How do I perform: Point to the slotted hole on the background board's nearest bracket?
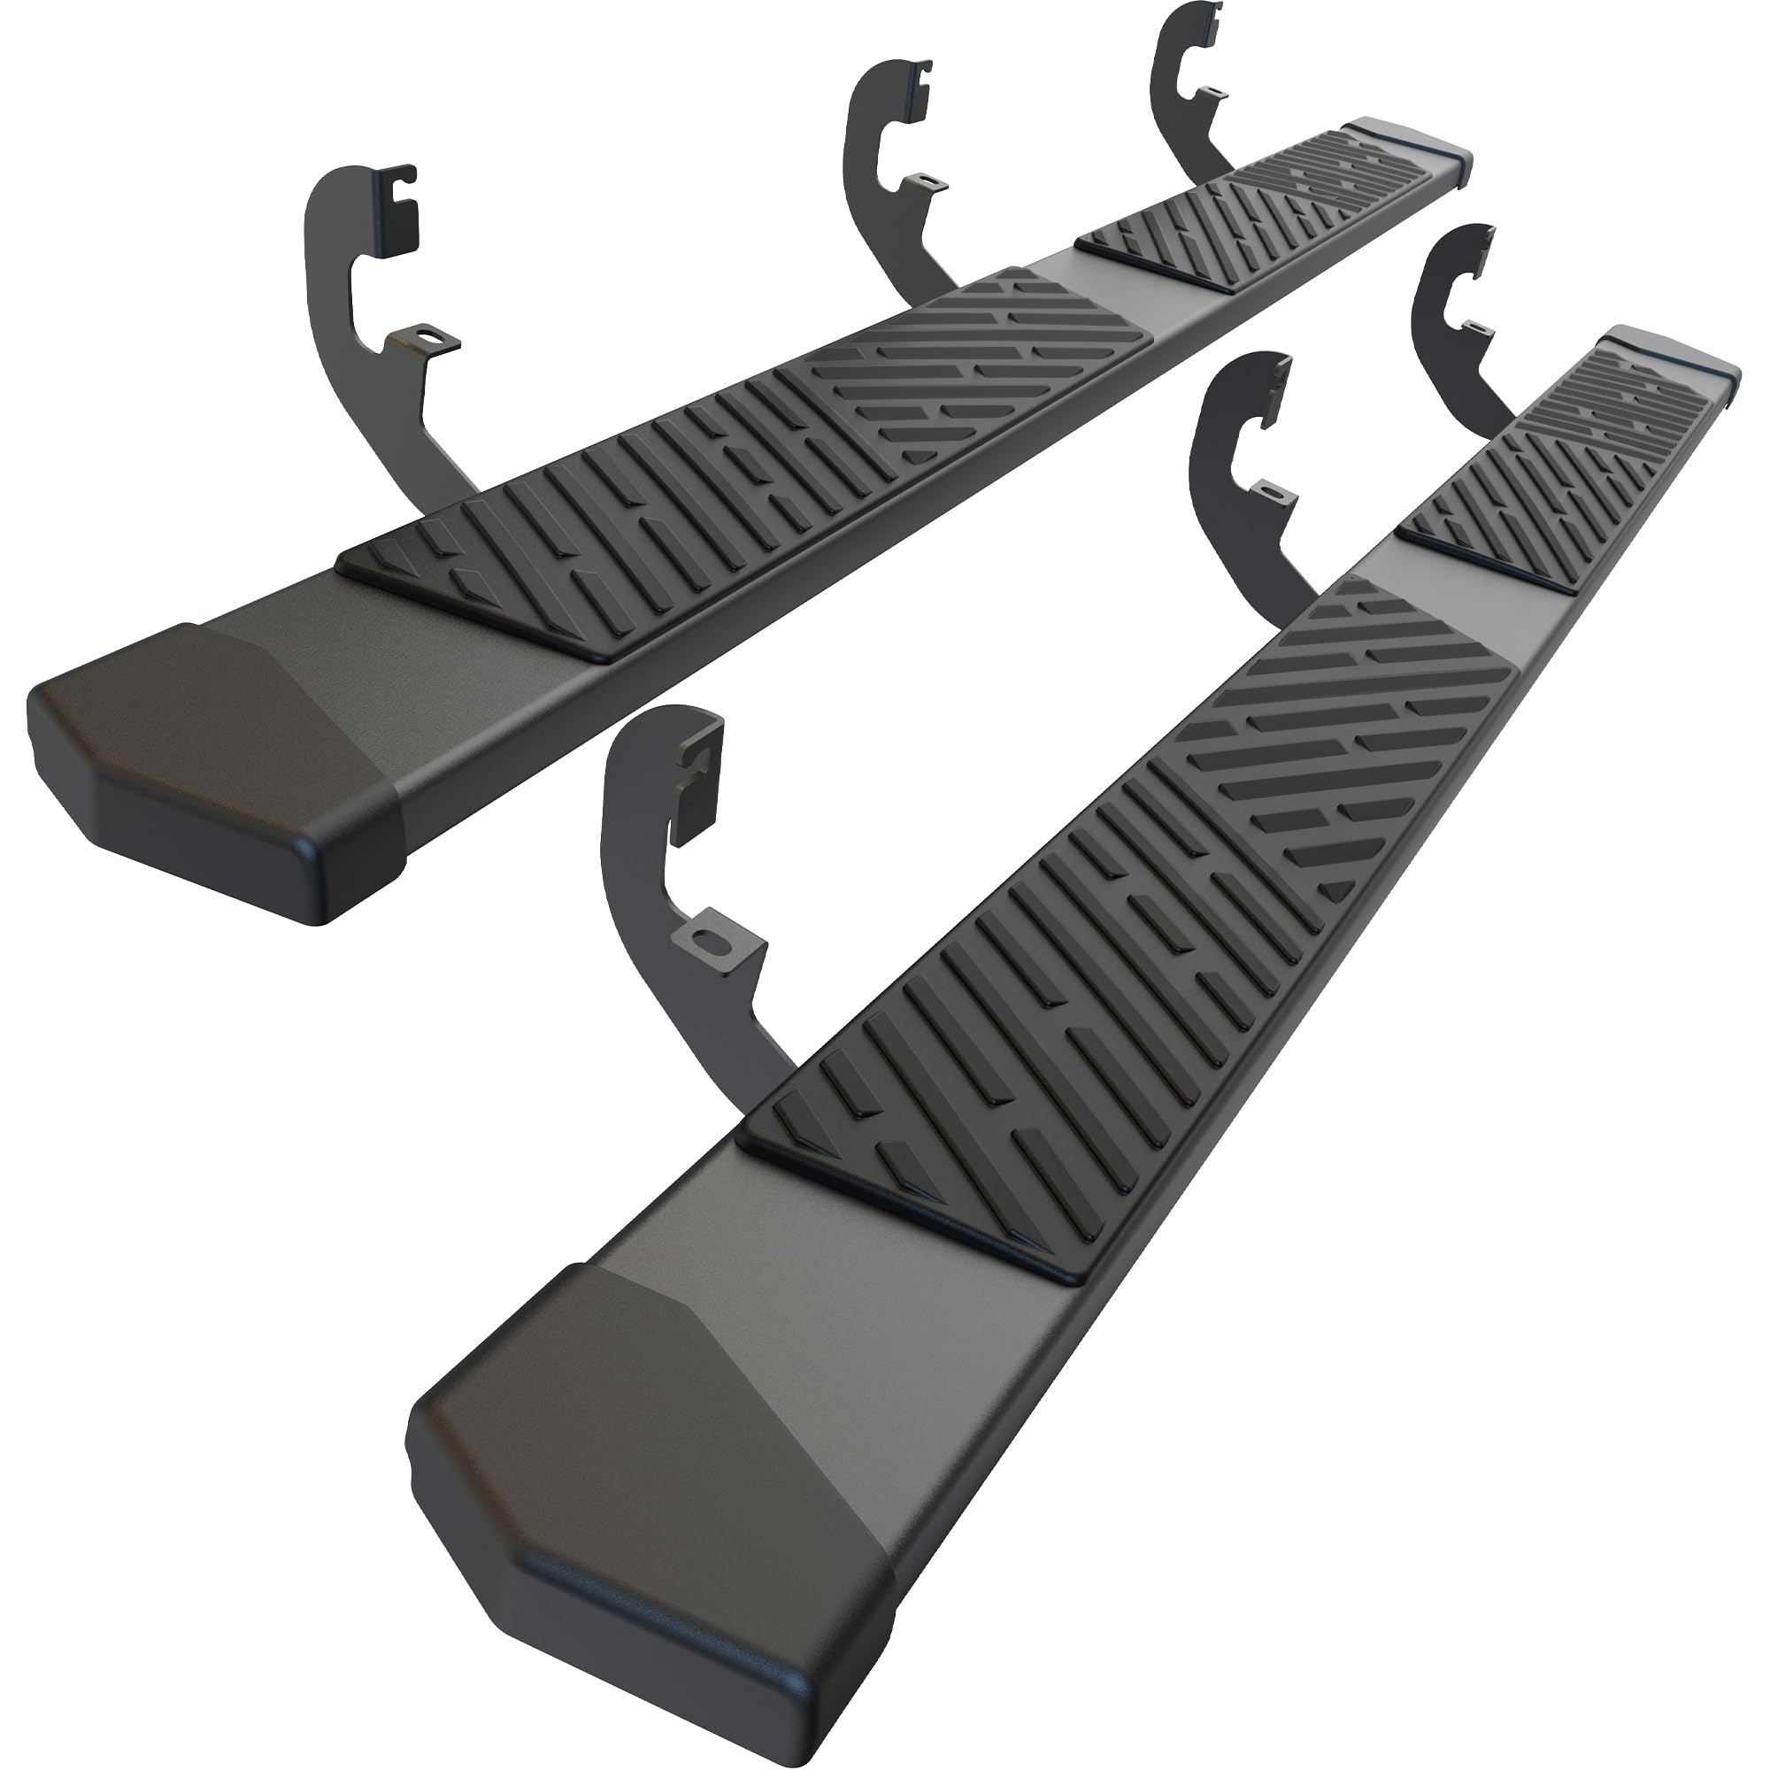point(423,340)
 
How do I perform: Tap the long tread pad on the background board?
point(733,458)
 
